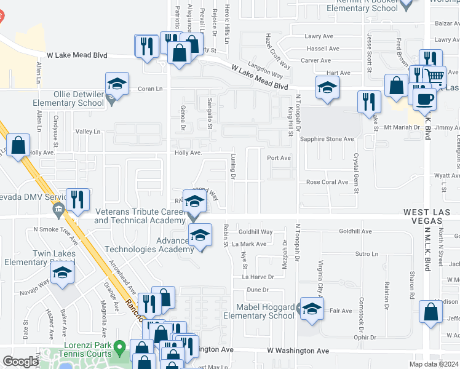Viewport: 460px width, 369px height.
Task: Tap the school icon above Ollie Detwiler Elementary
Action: click(117, 84)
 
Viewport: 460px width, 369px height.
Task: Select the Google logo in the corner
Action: click(20, 362)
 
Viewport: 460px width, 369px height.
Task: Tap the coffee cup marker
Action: click(424, 98)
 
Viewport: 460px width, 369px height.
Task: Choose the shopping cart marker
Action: click(435, 76)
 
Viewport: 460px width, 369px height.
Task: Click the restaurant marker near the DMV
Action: click(77, 200)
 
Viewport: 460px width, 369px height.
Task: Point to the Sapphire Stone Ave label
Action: click(327, 139)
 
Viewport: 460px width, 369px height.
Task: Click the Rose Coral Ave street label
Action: click(328, 182)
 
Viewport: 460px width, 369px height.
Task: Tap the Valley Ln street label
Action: click(87, 132)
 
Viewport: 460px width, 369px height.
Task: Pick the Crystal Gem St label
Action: click(355, 165)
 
